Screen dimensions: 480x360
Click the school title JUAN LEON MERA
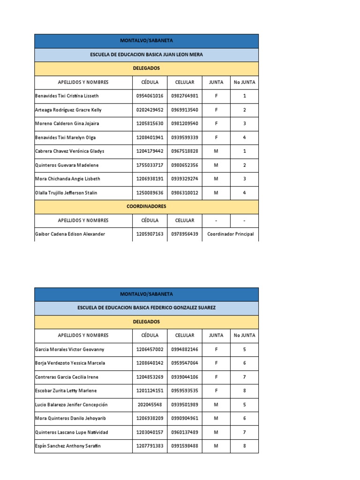pyautogui.click(x=146, y=55)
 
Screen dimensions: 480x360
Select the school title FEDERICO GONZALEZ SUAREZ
pyautogui.click(x=146, y=308)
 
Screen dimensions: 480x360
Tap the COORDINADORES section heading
pyautogui.click(x=146, y=206)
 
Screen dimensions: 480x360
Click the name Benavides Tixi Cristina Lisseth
pyautogui.click(x=67, y=96)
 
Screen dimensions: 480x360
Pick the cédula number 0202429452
pyautogui.click(x=150, y=110)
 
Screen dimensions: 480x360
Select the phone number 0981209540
pyautogui.click(x=185, y=124)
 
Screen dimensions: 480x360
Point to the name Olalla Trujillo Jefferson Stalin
pyautogui.click(x=66, y=193)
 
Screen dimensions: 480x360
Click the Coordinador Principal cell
pyautogui.click(x=230, y=234)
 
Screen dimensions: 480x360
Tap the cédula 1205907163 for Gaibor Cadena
pyautogui.click(x=150, y=234)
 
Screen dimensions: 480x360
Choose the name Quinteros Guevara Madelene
pyautogui.click(x=67, y=165)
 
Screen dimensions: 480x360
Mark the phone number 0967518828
pyautogui.click(x=185, y=151)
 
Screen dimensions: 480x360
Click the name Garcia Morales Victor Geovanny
pyautogui.click(x=70, y=350)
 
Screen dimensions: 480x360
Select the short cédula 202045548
pyautogui.click(x=150, y=405)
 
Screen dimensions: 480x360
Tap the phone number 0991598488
pyautogui.click(x=185, y=446)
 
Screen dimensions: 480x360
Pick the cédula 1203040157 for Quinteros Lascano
pyautogui.click(x=150, y=432)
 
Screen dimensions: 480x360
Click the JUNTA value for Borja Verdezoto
pyautogui.click(x=216, y=363)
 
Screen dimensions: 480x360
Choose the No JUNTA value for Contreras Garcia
pyautogui.click(x=244, y=377)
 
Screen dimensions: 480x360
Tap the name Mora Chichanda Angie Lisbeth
pyautogui.click(x=67, y=179)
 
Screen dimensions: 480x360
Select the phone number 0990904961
pyautogui.click(x=185, y=419)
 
